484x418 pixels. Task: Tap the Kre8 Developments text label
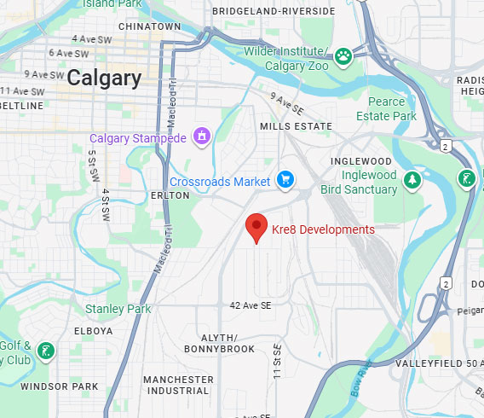323,229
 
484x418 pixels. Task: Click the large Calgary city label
104,78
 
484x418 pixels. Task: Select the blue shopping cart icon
286,180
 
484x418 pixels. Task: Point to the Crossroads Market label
220,182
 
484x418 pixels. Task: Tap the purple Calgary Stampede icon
202,135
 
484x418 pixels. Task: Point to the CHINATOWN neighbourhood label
150,26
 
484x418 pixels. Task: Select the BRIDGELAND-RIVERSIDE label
263,10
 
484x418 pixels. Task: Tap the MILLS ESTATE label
295,125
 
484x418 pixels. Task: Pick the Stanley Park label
118,309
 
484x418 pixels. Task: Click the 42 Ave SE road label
250,305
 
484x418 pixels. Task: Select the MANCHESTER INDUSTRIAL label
178,385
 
